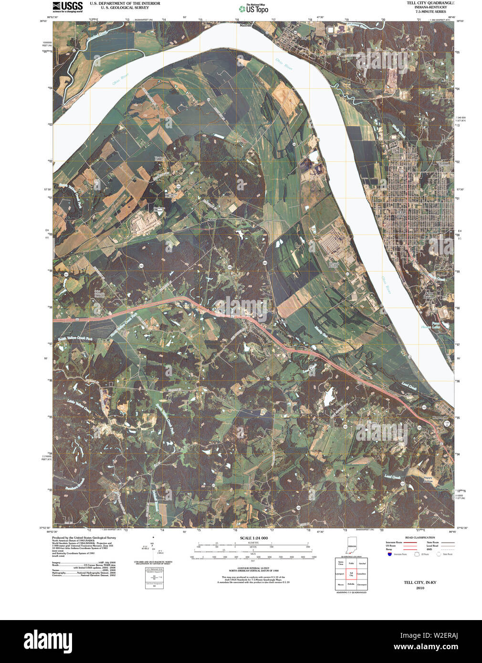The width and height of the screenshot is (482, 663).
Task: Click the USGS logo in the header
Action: [67, 6]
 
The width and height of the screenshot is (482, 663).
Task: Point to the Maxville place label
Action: [245, 26]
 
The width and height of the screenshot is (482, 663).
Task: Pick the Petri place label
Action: [284, 322]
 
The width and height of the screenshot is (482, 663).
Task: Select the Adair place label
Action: [212, 220]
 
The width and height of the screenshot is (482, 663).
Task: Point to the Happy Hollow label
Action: [428, 479]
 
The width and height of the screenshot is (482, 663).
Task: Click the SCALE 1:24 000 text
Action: [254, 538]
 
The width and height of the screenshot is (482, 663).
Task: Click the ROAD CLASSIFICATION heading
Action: [420, 538]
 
